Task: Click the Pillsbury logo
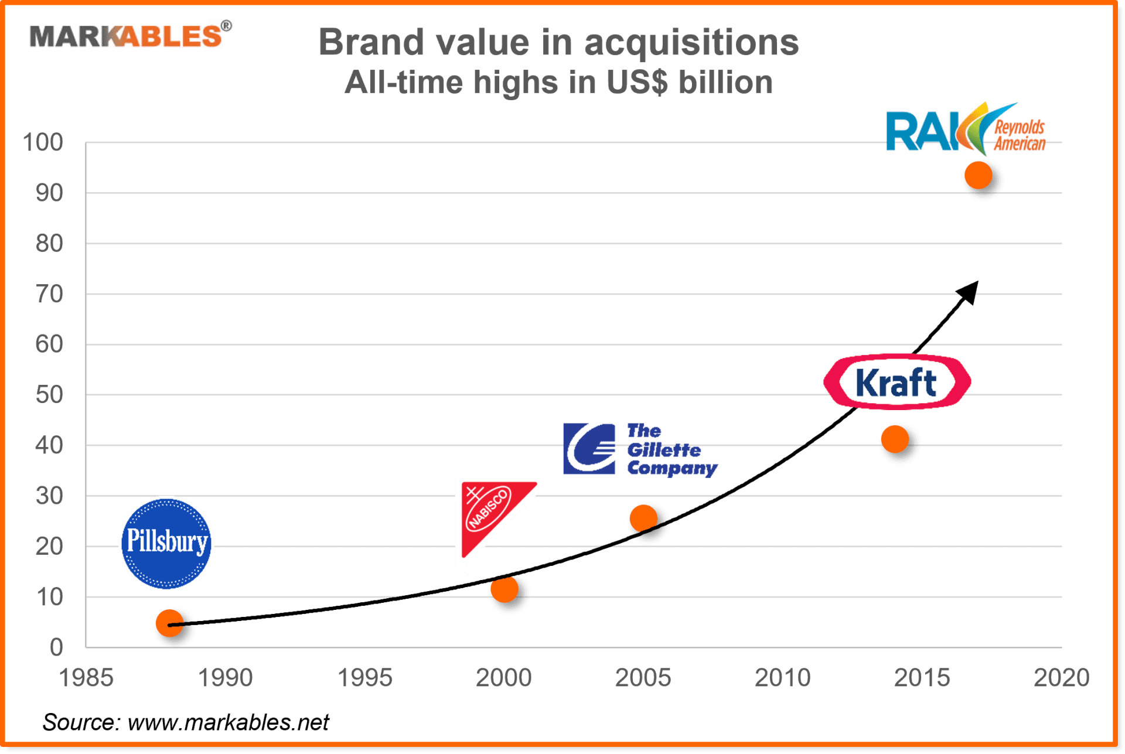(166, 544)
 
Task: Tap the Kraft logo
(896, 382)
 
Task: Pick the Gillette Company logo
(639, 449)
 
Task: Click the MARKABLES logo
(129, 35)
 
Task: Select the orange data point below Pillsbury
(169, 623)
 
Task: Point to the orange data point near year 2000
(504, 589)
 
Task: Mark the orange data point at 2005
(643, 518)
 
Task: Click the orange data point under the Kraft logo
(895, 439)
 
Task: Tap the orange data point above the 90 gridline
(978, 175)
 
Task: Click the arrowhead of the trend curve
(969, 291)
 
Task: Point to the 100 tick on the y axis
(43, 142)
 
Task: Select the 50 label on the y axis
(49, 395)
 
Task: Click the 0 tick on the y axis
(56, 647)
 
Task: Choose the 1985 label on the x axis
(86, 678)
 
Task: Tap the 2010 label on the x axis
(782, 678)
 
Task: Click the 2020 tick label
(1061, 678)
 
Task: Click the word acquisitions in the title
(691, 43)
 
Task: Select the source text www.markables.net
(229, 722)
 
